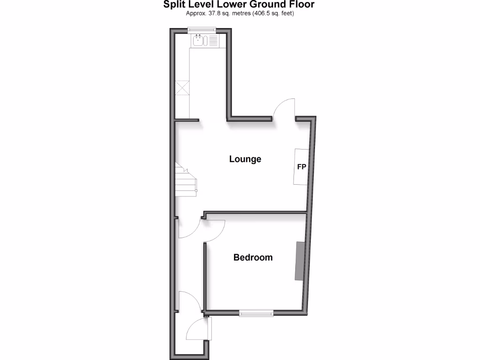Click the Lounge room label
click(x=245, y=159)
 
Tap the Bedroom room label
click(x=253, y=257)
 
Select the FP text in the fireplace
click(x=302, y=166)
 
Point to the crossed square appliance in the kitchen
click(x=182, y=88)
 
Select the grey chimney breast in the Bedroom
click(x=299, y=261)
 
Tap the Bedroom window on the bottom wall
click(x=256, y=313)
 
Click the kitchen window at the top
click(x=202, y=31)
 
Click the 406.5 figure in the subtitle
click(x=263, y=13)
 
